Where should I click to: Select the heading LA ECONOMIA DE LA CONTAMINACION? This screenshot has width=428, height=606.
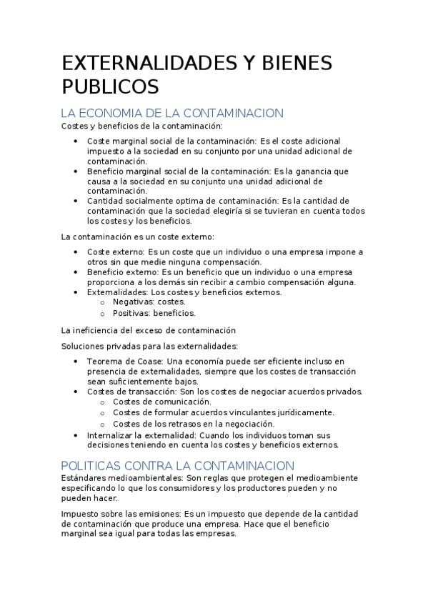click(172, 114)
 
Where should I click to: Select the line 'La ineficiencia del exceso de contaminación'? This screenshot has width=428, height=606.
click(148, 330)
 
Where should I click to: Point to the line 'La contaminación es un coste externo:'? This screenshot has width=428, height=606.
click(137, 236)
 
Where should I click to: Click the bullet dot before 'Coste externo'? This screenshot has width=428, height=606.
click(76, 252)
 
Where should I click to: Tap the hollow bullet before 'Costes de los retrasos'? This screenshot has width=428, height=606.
click(103, 423)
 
